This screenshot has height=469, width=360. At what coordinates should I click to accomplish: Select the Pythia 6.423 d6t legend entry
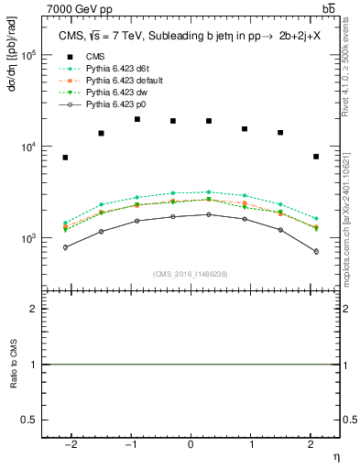click(x=115, y=69)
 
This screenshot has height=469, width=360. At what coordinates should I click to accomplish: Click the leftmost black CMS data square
click(x=65, y=158)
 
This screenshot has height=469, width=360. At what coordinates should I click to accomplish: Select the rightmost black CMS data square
click(x=315, y=157)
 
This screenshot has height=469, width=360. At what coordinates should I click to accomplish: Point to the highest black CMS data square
click(x=136, y=119)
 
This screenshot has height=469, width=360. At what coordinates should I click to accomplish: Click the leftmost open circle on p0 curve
click(x=65, y=247)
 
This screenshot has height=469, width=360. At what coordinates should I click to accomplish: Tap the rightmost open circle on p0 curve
click(x=315, y=251)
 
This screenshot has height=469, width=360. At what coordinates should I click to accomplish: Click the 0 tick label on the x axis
click(x=191, y=444)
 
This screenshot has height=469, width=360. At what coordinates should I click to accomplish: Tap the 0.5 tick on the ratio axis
click(x=29, y=420)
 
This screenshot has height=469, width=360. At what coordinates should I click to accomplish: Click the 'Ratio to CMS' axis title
click(x=13, y=365)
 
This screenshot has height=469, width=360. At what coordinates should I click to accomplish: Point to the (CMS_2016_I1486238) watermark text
click(x=191, y=275)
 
